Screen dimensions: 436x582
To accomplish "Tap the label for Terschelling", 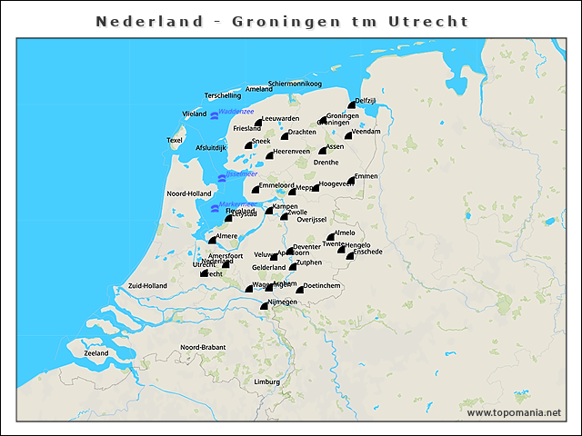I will (223, 95).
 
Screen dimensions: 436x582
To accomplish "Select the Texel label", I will (175, 140).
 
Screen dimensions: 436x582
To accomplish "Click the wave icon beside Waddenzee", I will (214, 115).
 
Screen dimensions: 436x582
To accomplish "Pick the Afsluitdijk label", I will (210, 147).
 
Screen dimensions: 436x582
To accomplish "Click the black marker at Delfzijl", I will (351, 106).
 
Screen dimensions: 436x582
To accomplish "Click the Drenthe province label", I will (326, 163).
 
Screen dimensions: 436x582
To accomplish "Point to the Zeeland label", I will (96, 352).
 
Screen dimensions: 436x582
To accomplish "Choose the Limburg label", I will (267, 382).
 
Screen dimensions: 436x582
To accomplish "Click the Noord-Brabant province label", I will (202, 348).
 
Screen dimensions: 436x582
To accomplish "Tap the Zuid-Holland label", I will (147, 285).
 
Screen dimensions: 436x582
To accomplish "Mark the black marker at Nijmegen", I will (264, 307).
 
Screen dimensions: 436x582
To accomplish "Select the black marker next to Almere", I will (212, 241).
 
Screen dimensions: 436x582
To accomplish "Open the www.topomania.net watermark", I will (514, 412).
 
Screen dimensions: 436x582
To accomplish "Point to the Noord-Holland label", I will (189, 193).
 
